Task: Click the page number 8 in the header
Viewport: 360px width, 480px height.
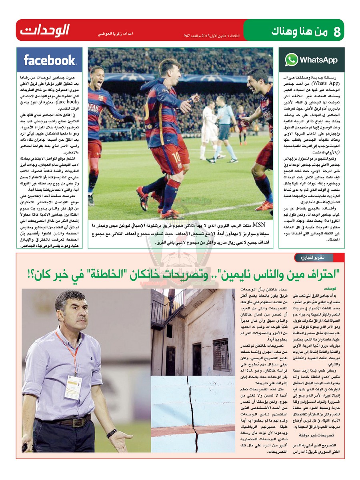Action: pyautogui.click(x=337, y=32)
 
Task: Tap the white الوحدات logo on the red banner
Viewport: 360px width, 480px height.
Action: pyautogui.click(x=45, y=30)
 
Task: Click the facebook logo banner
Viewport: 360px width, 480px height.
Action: pyautogui.click(x=49, y=60)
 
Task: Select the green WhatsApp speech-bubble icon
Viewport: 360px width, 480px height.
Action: pyautogui.click(x=291, y=60)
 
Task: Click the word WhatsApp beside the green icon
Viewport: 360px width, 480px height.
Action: pyautogui.click(x=318, y=60)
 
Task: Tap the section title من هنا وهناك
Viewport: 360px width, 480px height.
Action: pyautogui.click(x=298, y=31)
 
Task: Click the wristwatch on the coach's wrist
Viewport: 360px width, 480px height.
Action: pyautogui.click(x=112, y=433)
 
